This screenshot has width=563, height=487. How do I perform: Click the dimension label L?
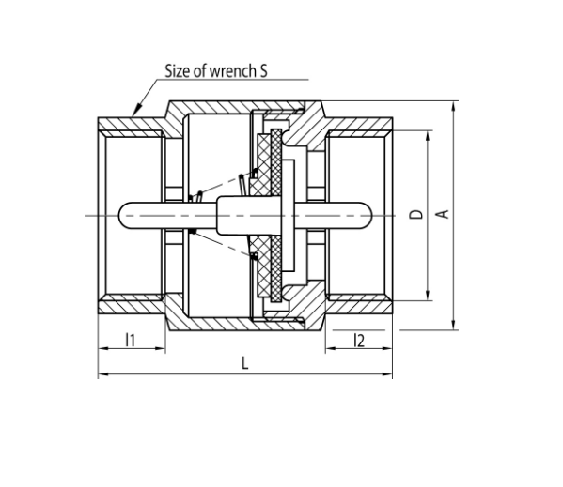pyautogui.click(x=245, y=363)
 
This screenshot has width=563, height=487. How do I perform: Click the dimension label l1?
pyautogui.click(x=131, y=340)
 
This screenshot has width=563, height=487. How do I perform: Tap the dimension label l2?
pyautogui.click(x=359, y=340)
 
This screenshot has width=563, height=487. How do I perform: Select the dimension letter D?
pyautogui.click(x=416, y=214)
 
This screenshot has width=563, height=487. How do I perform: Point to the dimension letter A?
pyautogui.click(x=443, y=214)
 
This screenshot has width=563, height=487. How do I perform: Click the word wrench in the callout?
pyautogui.click(x=233, y=71)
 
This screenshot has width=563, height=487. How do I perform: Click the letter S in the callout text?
pyautogui.click(x=263, y=71)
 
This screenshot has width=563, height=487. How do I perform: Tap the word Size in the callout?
pyautogui.click(x=178, y=71)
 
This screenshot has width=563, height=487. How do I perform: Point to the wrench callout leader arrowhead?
pyautogui.click(x=137, y=109)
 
